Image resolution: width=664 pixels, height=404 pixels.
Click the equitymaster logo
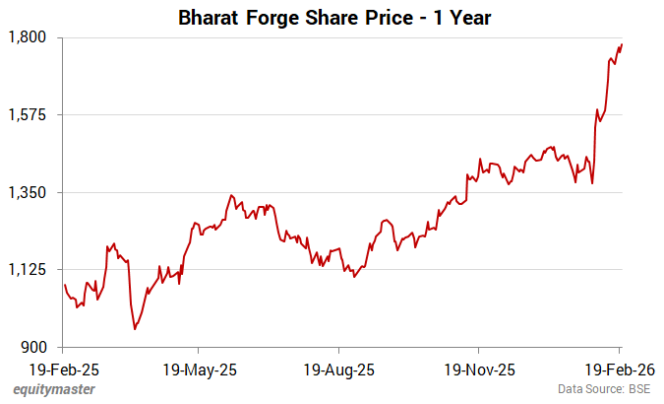(54, 390)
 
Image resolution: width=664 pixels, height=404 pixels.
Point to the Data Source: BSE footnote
(604, 390)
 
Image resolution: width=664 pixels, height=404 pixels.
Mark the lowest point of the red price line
(135, 328)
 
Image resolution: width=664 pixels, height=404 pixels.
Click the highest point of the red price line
(622, 43)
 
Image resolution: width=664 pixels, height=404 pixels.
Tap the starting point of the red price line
(64, 285)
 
